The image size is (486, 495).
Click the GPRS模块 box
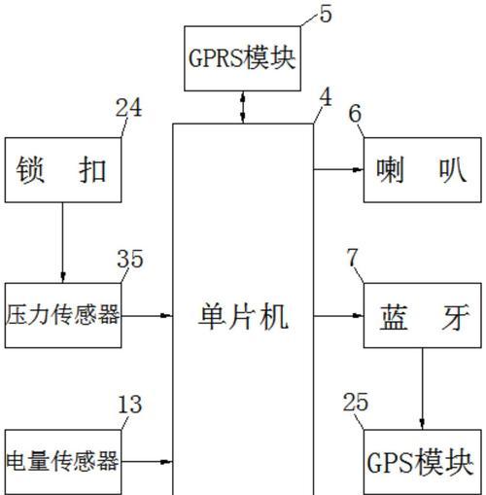point(242,58)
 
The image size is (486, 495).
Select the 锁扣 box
point(63,170)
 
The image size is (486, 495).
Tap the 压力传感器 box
point(63,315)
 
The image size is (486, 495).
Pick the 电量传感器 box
point(63,462)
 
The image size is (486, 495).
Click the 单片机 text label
point(243,317)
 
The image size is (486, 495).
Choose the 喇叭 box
point(423,170)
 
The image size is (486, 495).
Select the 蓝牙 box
point(423,315)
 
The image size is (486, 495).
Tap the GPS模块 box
point(423,462)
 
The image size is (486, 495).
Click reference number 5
point(326,14)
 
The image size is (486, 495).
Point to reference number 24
point(128,108)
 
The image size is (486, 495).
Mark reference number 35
point(130,259)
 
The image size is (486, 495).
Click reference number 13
point(130,405)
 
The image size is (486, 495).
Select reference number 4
point(326,97)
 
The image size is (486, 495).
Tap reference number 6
point(355,114)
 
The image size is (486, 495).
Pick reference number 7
point(352,258)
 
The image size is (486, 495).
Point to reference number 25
point(356,402)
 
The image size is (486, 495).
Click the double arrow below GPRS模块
point(243,107)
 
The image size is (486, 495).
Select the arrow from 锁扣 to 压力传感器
point(63,243)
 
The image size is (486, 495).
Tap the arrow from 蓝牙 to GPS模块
point(422,389)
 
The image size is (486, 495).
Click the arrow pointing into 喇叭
point(338,169)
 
